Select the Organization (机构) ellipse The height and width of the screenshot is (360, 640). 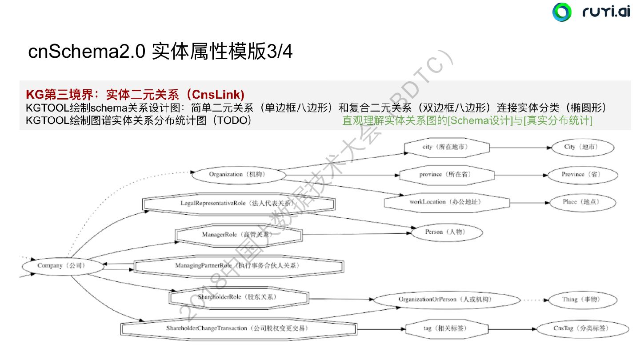tap(238, 175)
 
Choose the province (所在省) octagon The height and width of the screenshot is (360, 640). tap(447, 175)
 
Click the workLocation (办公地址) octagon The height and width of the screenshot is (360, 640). tap(446, 202)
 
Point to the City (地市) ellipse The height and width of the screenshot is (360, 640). tap(582, 147)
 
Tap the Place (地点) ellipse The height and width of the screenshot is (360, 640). tap(582, 202)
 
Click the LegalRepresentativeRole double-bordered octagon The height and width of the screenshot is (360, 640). tap(238, 204)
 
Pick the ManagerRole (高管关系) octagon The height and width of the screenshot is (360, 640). tap(238, 235)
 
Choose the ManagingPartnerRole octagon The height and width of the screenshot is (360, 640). tap(238, 266)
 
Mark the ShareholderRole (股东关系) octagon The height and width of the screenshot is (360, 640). tap(238, 297)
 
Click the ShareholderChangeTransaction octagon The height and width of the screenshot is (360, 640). tap(238, 328)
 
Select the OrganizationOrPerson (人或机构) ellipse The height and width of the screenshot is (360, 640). tap(446, 300)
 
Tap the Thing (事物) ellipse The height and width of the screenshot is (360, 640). tap(582, 300)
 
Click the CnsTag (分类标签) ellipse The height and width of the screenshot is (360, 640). tap(582, 329)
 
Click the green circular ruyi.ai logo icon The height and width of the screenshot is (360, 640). tap(562, 12)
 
